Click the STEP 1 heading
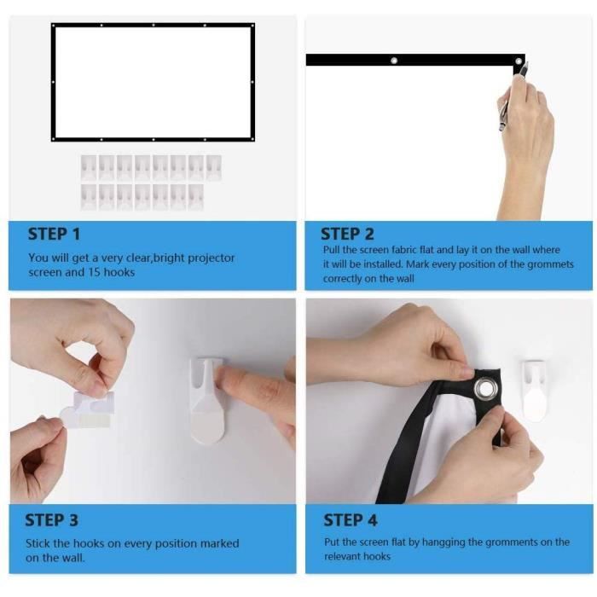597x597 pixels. tap(54, 234)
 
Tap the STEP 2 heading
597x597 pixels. tap(347, 234)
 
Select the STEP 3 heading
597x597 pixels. tap(51, 520)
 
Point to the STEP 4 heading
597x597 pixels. tap(351, 520)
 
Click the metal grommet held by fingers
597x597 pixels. tap(484, 389)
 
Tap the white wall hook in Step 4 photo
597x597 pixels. tap(535, 391)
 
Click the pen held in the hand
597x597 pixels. tap(513, 98)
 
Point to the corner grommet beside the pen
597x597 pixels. tap(519, 61)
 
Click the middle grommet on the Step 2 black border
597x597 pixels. tap(394, 61)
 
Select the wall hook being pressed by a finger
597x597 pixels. tap(208, 400)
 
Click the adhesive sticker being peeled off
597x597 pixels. tap(89, 409)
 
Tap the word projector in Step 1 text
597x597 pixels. tap(212, 258)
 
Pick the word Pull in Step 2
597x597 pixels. tap(331, 250)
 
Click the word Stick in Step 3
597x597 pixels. tap(38, 543)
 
